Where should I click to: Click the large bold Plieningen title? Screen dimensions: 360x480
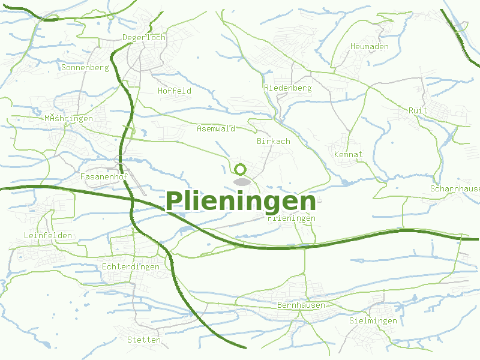[x=241, y=201]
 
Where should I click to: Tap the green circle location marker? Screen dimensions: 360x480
[x=241, y=169]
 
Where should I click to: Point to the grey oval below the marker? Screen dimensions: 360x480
[x=241, y=181]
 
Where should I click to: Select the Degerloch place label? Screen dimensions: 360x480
[x=143, y=37]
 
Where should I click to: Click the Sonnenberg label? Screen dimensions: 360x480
[x=85, y=67]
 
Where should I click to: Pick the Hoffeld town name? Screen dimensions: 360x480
[x=174, y=91]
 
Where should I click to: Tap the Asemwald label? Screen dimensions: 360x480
[x=215, y=128]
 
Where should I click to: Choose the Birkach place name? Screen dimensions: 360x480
[x=273, y=141]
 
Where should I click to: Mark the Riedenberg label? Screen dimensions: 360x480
[x=287, y=88]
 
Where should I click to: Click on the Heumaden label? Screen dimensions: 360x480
[x=369, y=46]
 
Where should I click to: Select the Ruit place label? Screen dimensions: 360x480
[x=418, y=110]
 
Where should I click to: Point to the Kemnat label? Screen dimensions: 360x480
[x=348, y=154]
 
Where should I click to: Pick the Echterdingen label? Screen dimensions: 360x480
[x=131, y=266]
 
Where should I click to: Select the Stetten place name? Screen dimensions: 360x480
[x=144, y=340]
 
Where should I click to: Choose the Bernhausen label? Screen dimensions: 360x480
[x=301, y=305]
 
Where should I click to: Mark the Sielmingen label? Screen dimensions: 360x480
[x=373, y=320]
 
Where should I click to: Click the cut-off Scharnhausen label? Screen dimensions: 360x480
[x=455, y=188]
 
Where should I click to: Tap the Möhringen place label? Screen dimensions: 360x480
[x=68, y=118]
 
